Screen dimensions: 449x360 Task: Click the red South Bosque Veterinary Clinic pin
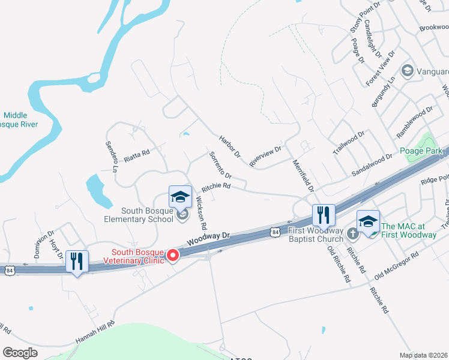[173, 256]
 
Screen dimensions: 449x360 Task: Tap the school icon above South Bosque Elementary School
[179, 197]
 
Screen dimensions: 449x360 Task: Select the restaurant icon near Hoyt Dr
[76, 262]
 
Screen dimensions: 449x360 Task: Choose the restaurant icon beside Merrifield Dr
[323, 215]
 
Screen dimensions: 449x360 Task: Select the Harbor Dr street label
[230, 146]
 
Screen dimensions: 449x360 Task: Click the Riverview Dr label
[265, 157]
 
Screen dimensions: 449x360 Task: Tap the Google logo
[20, 352]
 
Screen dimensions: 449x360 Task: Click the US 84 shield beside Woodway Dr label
[275, 231]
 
